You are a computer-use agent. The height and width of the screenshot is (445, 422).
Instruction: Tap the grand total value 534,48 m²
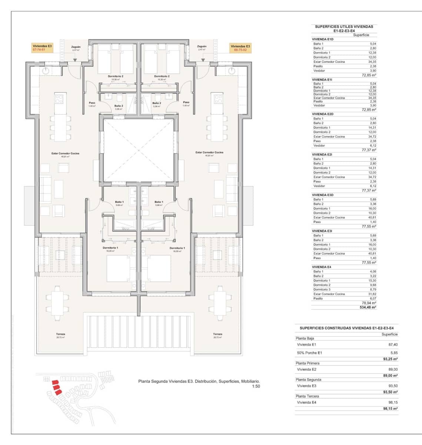[369, 307]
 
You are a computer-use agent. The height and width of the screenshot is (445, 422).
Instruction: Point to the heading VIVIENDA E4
[322, 267]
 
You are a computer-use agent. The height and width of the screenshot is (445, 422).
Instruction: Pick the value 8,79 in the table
[372, 290]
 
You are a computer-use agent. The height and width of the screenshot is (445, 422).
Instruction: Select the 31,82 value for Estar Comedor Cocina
[372, 294]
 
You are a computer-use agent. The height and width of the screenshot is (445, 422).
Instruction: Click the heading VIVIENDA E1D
[323, 39]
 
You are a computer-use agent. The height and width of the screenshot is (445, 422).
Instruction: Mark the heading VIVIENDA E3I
[322, 231]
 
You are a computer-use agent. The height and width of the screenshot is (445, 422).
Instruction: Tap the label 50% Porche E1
[309, 353]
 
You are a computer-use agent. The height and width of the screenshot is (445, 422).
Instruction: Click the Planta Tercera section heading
[307, 396]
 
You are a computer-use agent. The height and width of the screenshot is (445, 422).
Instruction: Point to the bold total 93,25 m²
[390, 359]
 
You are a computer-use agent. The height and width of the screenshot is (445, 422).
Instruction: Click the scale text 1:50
[256, 386]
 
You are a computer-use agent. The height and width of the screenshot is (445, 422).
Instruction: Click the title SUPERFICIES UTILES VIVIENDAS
[344, 27]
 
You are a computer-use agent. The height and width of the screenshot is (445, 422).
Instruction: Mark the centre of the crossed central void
[138, 150]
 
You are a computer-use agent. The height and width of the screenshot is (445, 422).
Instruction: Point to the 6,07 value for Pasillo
[372, 299]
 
